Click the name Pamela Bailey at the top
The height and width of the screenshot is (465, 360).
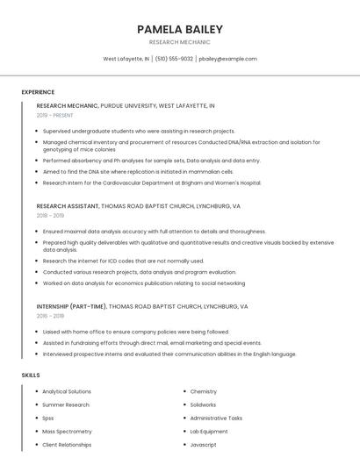coord(180,30)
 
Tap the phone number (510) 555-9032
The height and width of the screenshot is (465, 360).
coord(175,59)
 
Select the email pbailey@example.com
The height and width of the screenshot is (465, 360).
coord(227,59)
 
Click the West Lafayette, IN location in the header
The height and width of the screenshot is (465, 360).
coord(126,59)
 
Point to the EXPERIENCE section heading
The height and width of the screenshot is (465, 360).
coord(38,92)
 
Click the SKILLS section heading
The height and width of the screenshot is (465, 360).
coord(31,375)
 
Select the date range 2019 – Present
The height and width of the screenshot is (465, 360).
coord(55,115)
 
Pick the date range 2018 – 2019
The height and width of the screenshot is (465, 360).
coord(50,215)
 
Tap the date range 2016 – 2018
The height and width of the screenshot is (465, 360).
coord(50,316)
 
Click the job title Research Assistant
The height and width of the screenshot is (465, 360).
coord(68,205)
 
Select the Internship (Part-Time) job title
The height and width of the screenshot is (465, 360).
coord(71,307)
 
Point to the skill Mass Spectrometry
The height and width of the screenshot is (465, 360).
coord(67,432)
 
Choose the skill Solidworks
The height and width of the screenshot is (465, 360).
coord(203,405)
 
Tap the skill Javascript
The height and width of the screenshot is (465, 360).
coord(203,445)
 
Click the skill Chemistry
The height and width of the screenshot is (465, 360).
coord(203,392)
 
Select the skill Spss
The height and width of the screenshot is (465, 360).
coord(48,418)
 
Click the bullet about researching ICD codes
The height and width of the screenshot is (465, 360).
coord(123,261)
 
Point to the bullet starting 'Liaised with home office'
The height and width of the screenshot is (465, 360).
coord(135,332)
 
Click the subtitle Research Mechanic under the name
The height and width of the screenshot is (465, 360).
coord(180,42)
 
